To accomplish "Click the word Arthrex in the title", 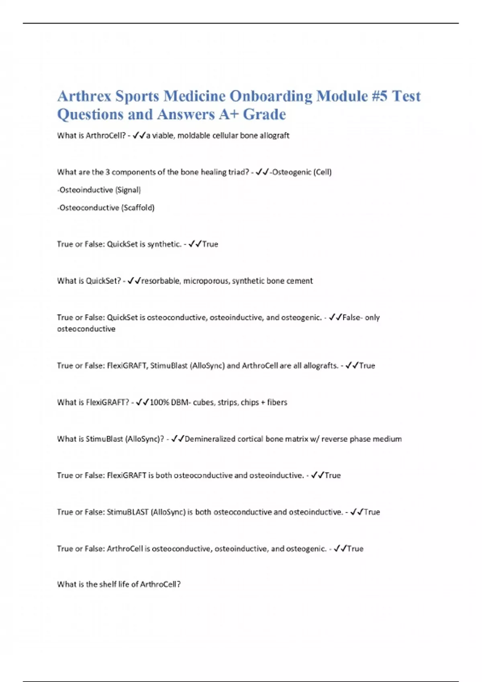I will click(84, 96).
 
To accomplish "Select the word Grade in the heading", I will click(264, 115).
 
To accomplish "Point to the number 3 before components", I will click(107, 172).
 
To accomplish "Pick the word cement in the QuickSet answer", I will click(299, 281).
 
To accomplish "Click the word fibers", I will click(277, 402).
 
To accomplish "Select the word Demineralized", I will click(210, 439).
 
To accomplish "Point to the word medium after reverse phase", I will click(387, 439).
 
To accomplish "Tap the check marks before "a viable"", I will click(139, 136).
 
